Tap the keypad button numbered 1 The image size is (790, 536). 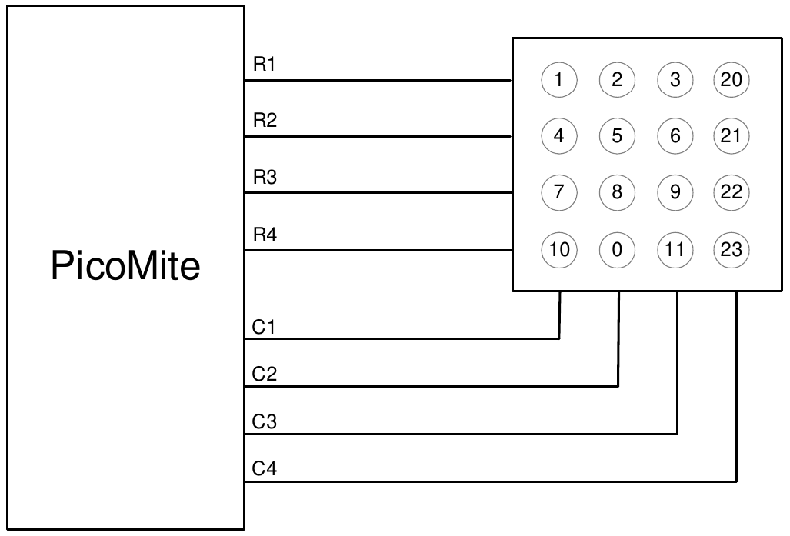559,79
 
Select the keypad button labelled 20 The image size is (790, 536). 732,79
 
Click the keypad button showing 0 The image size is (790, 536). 617,250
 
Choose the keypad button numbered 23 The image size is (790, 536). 732,250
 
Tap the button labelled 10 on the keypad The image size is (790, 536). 559,250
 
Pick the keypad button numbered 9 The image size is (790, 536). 675,192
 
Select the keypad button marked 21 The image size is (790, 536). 732,135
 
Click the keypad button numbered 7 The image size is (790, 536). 559,192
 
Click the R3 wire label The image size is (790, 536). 264,178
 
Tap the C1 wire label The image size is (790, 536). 264,328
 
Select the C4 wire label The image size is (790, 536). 264,468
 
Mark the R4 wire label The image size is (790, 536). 264,235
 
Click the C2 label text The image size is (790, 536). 264,375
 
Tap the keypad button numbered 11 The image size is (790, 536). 675,250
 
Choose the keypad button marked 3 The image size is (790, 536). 675,79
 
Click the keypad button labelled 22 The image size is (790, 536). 732,192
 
